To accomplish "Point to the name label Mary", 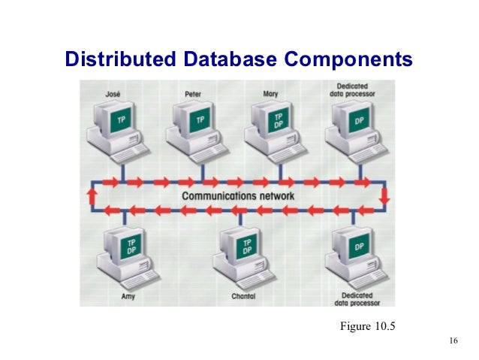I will (x=272, y=94).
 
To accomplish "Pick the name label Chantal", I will (x=243, y=296).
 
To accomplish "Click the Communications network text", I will (x=239, y=197).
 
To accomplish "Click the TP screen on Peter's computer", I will (x=200, y=119).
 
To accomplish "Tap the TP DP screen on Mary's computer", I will (x=279, y=120).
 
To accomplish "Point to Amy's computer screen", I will (x=131, y=247).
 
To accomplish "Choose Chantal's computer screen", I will (x=246, y=247).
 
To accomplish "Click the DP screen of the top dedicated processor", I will (x=359, y=119).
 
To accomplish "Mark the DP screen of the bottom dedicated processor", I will (x=359, y=247).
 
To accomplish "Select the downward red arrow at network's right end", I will (x=384, y=197).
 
